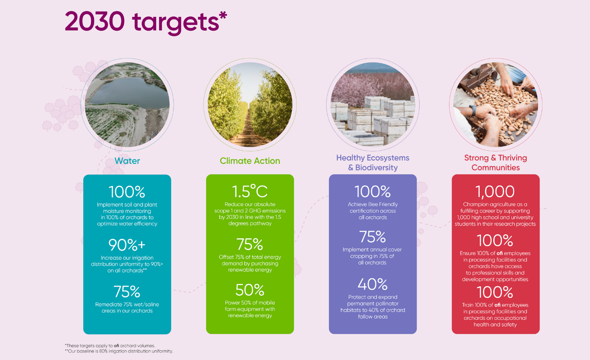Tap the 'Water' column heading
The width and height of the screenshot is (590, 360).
[127, 161]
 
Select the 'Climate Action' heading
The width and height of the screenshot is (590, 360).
[250, 161]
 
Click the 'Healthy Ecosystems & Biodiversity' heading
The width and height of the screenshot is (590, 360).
[373, 163]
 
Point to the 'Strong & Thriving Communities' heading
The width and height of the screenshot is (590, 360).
[495, 163]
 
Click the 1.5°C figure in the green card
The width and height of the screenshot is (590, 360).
[250, 191]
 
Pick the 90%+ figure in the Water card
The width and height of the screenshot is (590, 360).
[127, 245]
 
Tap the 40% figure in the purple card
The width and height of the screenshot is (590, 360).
[372, 284]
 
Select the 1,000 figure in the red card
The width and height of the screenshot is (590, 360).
[495, 191]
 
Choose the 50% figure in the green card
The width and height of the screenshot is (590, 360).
[250, 290]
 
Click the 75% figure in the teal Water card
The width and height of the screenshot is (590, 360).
[127, 292]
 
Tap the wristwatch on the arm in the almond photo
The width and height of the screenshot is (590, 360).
[473, 111]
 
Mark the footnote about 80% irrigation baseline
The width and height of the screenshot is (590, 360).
[119, 351]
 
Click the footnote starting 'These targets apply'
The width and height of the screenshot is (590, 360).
[110, 346]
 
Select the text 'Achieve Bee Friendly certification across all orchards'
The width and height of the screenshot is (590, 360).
[373, 211]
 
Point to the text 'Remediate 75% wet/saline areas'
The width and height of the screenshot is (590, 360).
[127, 308]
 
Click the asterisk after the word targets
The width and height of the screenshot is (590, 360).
[223, 15]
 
